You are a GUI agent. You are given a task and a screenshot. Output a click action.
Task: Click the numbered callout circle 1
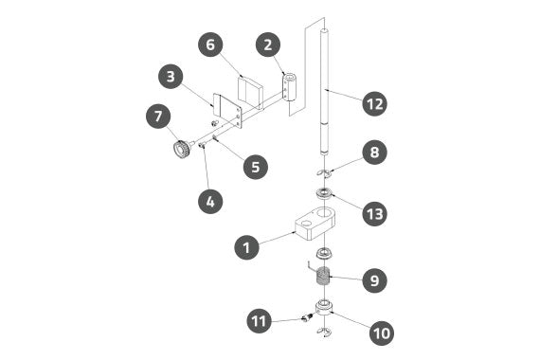[246, 247]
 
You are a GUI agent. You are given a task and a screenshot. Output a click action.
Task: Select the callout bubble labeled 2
[268, 45]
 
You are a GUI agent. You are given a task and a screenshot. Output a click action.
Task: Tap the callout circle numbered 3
[171, 76]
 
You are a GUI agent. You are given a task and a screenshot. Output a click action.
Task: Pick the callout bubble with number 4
[210, 201]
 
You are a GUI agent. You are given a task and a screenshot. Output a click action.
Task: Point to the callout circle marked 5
[256, 167]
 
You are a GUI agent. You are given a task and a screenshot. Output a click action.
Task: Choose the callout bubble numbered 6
[210, 45]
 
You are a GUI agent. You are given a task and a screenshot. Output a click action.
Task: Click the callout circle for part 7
[158, 117]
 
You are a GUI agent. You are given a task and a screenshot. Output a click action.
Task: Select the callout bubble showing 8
[374, 152]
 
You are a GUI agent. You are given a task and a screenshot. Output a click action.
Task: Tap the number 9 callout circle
[374, 280]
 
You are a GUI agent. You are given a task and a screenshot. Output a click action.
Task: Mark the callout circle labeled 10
[382, 333]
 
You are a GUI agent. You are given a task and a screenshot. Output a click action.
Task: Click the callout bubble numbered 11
[260, 321]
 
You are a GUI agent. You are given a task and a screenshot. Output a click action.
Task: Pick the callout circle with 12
[375, 103]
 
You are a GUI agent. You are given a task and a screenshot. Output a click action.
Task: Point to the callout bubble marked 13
[375, 213]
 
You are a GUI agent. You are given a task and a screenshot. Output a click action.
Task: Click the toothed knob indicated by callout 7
[182, 149]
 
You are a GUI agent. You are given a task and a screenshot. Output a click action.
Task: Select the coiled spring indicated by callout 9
[323, 277]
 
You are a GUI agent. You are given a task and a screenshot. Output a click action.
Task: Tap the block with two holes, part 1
[315, 223]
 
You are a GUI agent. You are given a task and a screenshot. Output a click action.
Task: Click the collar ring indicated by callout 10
[324, 308]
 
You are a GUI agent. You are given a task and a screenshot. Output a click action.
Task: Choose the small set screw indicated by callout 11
[306, 317]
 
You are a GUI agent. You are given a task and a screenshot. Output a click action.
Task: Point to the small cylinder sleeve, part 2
[290, 87]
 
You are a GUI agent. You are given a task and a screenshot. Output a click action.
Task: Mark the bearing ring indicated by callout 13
[324, 193]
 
